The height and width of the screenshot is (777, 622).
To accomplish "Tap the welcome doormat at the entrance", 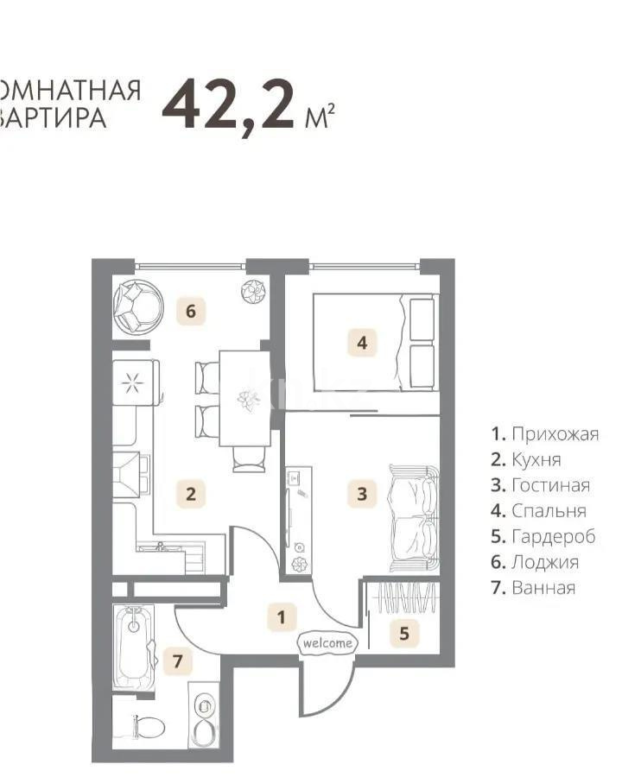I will click(327, 642).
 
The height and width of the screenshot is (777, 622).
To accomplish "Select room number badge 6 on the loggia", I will click(191, 311).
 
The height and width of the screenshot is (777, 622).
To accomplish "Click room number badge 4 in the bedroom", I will click(362, 343).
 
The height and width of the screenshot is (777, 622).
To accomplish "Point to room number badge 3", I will click(362, 494).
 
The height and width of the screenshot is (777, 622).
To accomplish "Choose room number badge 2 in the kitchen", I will click(191, 494).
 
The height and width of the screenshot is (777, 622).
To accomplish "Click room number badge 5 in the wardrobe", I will click(403, 634).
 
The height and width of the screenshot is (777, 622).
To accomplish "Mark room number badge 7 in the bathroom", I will click(178, 662).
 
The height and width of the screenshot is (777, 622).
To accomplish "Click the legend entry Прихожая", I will click(544, 433).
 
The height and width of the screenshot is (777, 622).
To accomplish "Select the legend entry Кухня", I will click(526, 459).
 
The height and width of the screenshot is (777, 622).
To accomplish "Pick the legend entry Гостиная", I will click(540, 485).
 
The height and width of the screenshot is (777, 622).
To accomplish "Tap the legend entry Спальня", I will click(538, 511).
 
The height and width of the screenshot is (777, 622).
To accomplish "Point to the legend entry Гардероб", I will click(543, 537).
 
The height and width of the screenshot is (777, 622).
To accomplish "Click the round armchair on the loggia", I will click(138, 306).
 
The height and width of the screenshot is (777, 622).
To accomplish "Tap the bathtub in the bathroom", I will click(134, 647).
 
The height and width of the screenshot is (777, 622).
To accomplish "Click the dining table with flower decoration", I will click(244, 397).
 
